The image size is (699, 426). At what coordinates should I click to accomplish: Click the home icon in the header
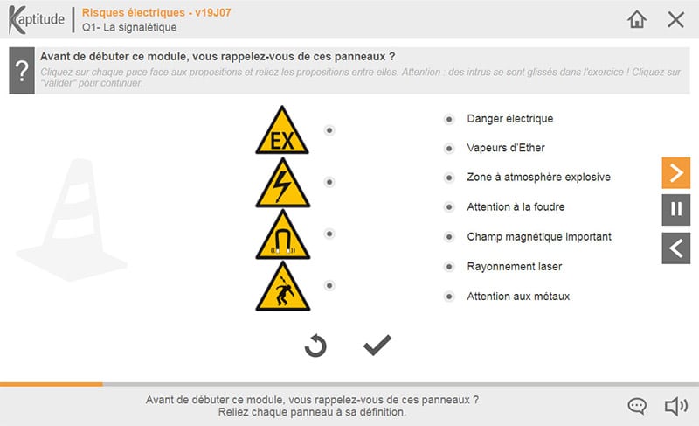tap(637, 19)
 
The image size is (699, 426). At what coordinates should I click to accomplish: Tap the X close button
tap(675, 19)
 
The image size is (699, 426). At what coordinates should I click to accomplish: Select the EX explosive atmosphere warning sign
tap(282, 129)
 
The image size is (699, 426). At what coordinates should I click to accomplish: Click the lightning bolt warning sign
tap(282, 183)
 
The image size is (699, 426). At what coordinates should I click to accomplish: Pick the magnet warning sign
tap(282, 234)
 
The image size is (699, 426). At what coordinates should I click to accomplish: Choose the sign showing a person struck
tap(282, 286)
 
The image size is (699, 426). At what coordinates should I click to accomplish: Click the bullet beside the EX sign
tap(329, 130)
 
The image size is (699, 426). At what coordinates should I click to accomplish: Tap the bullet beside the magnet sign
tap(329, 234)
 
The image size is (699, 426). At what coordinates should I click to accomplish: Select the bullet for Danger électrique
tap(449, 119)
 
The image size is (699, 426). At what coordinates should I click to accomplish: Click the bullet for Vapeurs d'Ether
tap(449, 148)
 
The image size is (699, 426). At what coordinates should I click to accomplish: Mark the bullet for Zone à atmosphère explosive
tap(449, 178)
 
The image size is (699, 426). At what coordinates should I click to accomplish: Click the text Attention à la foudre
tap(516, 207)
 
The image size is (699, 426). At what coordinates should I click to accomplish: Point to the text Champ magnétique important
tap(539, 237)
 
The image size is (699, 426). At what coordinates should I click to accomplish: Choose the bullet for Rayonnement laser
tap(449, 267)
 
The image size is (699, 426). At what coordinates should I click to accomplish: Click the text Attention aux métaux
tap(518, 297)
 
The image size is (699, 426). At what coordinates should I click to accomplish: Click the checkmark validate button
tap(377, 345)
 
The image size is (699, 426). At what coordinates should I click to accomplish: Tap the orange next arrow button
tap(675, 172)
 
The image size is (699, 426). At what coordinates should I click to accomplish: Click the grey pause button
tap(675, 210)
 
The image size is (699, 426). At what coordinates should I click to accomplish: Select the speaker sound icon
tap(675, 406)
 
